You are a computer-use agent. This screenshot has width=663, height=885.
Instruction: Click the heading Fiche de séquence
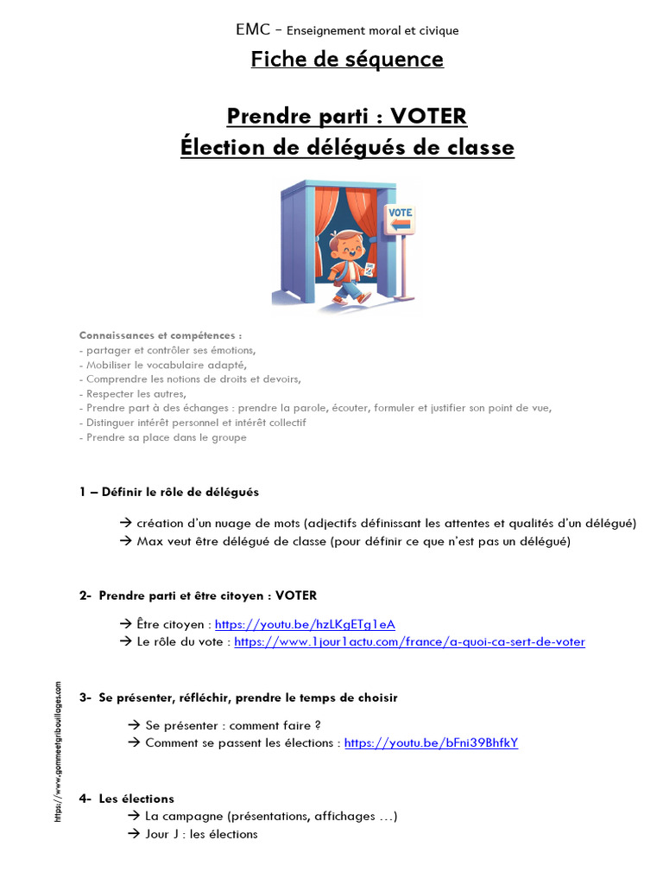click(347, 59)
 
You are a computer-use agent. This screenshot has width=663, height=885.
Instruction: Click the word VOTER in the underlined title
click(428, 116)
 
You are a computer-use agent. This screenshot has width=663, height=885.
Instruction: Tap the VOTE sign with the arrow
click(400, 219)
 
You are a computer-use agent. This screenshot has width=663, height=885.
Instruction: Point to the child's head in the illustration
click(349, 244)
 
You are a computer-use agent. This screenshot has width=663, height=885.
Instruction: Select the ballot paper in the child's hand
click(370, 271)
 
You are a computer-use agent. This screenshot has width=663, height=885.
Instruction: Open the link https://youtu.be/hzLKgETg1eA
click(305, 624)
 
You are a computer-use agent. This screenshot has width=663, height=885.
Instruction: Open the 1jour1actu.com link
click(409, 641)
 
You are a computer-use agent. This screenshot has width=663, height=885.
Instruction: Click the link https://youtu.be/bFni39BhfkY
click(431, 742)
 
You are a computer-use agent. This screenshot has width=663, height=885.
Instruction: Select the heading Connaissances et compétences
click(161, 335)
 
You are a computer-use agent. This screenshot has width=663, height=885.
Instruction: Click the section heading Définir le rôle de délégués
click(180, 492)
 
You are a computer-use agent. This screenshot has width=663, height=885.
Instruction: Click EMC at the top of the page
click(251, 30)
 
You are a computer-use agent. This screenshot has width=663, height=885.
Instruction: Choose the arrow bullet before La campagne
click(133, 816)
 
